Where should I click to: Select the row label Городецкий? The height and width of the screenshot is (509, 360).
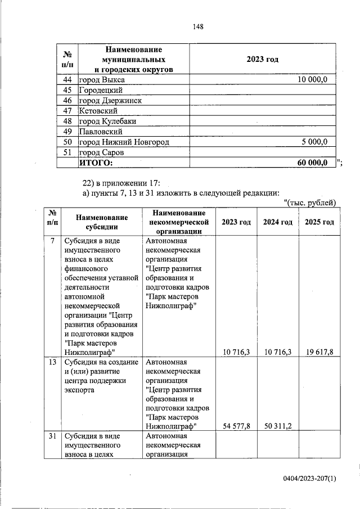101,90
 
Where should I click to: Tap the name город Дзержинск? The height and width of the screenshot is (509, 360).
110,101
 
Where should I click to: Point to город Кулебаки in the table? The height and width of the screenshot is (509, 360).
107,121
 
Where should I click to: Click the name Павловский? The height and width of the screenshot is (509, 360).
100,132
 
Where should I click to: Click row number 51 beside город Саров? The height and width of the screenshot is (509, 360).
66,152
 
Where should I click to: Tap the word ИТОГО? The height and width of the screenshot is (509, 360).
96,163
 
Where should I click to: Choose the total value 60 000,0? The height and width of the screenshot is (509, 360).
312,163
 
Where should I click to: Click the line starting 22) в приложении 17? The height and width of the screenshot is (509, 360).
122,183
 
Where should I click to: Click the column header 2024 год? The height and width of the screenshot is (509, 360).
277,222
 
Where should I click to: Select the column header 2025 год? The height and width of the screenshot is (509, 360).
319,222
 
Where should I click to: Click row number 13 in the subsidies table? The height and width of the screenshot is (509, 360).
52,363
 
